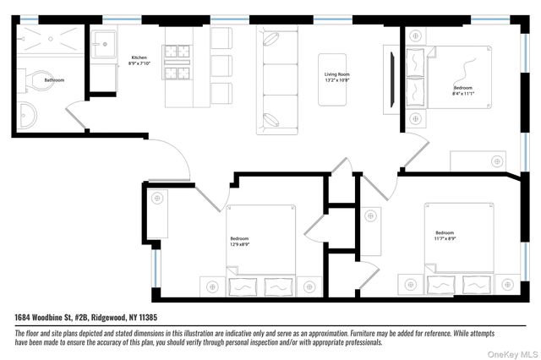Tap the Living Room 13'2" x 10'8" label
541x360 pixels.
[x=336, y=79]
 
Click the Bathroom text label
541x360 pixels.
[x=54, y=80]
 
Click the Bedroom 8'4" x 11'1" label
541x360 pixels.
[x=463, y=90]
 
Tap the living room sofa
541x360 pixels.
[x=276, y=80]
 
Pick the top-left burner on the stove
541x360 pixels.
[x=172, y=49]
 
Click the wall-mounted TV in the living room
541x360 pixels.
[x=391, y=79]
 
